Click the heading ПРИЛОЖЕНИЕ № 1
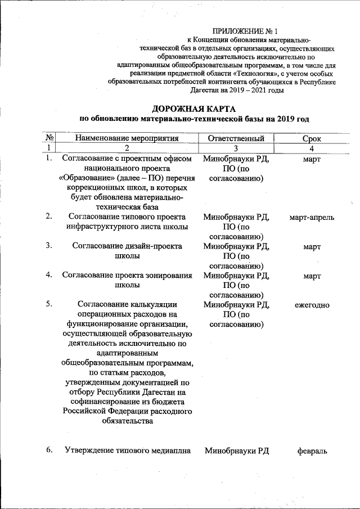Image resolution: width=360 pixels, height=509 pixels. pyautogui.click(x=245, y=31)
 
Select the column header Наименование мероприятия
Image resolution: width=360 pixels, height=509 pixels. pyautogui.click(x=127, y=138)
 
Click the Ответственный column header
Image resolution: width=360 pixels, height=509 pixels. pyautogui.click(x=236, y=138)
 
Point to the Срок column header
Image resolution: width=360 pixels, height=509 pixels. pyautogui.click(x=311, y=138)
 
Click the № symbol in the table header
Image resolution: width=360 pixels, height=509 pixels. pyautogui.click(x=49, y=138)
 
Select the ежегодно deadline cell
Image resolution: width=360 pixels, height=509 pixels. pyautogui.click(x=311, y=305)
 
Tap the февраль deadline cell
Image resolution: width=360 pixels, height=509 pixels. pyautogui.click(x=311, y=450)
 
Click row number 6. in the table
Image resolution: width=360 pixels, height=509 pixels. pyautogui.click(x=49, y=449)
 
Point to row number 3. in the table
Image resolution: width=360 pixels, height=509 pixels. pyautogui.click(x=49, y=245)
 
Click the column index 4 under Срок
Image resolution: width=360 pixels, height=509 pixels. pyautogui.click(x=311, y=148)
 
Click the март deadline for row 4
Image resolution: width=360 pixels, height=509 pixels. pyautogui.click(x=311, y=276)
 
